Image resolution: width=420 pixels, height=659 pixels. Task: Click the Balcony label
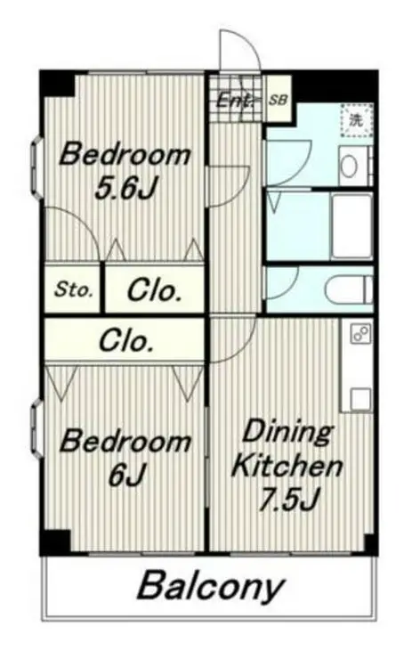click(211, 586)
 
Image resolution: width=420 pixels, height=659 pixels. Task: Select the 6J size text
click(125, 475)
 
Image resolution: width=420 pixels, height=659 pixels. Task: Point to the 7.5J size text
click(288, 499)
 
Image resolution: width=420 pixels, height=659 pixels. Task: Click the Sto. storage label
click(73, 289)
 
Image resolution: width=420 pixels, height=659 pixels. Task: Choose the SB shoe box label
click(279, 100)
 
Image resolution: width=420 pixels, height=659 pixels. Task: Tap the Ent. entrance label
click(236, 101)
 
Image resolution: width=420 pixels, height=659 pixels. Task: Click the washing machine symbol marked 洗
click(357, 120)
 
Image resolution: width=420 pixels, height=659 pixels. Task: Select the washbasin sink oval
click(349, 167)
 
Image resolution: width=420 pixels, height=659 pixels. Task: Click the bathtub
click(352, 227)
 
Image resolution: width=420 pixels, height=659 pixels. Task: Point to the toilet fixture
click(349, 289)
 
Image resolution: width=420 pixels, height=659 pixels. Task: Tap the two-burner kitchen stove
click(360, 334)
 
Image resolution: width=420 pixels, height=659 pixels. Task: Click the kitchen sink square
click(360, 399)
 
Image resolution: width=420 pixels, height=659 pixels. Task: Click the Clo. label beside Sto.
click(154, 290)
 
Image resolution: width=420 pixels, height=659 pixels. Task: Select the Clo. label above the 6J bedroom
click(125, 340)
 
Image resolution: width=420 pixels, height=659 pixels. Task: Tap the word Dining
click(288, 433)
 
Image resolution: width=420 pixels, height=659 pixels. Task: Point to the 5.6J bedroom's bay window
click(37, 168)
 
